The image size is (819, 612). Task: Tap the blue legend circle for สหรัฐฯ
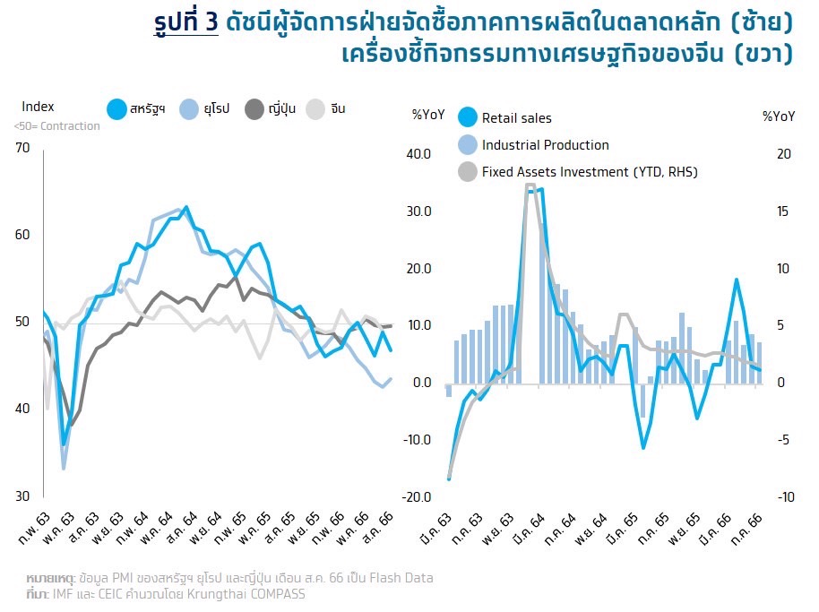[116, 109]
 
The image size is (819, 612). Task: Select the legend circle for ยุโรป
[190, 109]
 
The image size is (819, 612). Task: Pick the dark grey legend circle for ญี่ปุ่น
[254, 109]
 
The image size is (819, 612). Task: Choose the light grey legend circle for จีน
[316, 109]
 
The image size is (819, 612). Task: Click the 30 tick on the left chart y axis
[22, 496]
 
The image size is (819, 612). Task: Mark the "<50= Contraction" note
[57, 126]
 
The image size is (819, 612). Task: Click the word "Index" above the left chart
[38, 107]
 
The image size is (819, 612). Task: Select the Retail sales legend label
[517, 118]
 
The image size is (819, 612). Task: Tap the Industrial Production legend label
[545, 145]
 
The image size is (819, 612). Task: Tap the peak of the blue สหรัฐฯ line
[185, 208]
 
